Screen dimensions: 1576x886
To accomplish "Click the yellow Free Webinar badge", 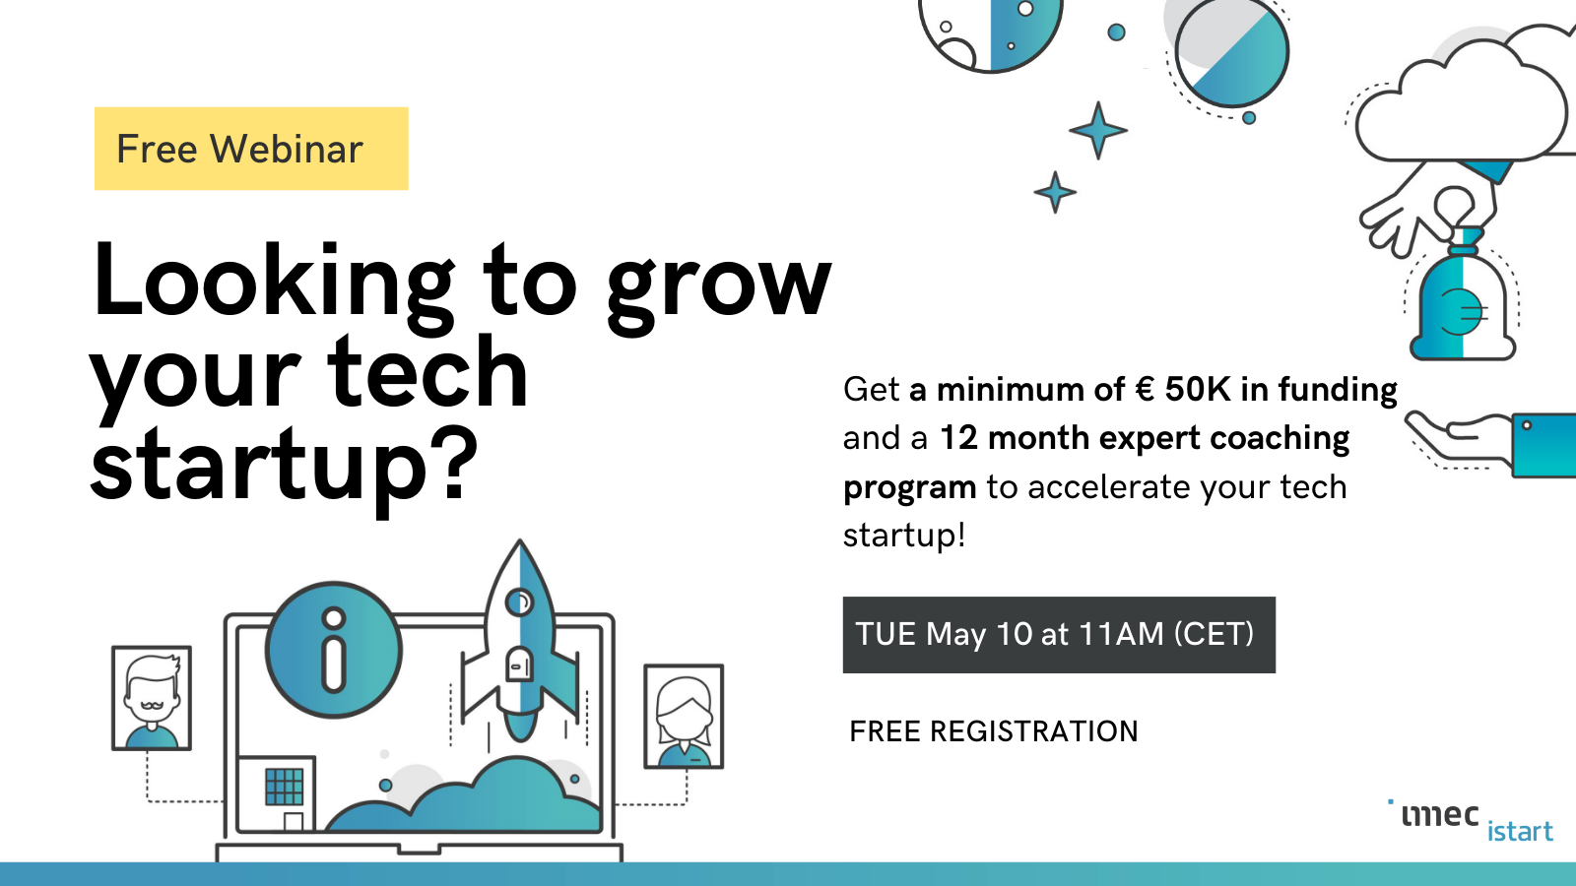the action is click(251, 149).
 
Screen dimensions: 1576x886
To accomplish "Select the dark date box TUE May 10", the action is click(1059, 635).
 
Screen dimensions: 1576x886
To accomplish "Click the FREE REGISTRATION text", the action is click(994, 731).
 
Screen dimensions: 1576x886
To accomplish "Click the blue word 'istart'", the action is click(1520, 831).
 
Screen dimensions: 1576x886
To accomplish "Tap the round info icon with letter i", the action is click(334, 651).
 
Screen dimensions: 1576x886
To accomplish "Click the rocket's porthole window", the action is click(520, 601).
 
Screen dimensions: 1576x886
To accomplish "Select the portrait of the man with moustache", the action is click(152, 698).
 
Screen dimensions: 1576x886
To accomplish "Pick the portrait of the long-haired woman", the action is click(684, 716).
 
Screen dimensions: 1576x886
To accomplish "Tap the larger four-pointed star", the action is click(1098, 130).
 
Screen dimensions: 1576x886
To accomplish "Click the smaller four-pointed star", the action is click(1055, 191).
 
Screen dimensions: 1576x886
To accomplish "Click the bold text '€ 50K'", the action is click(1183, 389).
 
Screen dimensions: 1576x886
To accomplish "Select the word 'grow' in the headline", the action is click(719, 289).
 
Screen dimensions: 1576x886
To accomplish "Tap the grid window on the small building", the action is click(285, 787).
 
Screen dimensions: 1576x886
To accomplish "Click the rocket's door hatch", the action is click(519, 664).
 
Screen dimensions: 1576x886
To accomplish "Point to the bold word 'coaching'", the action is click(1280, 439).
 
